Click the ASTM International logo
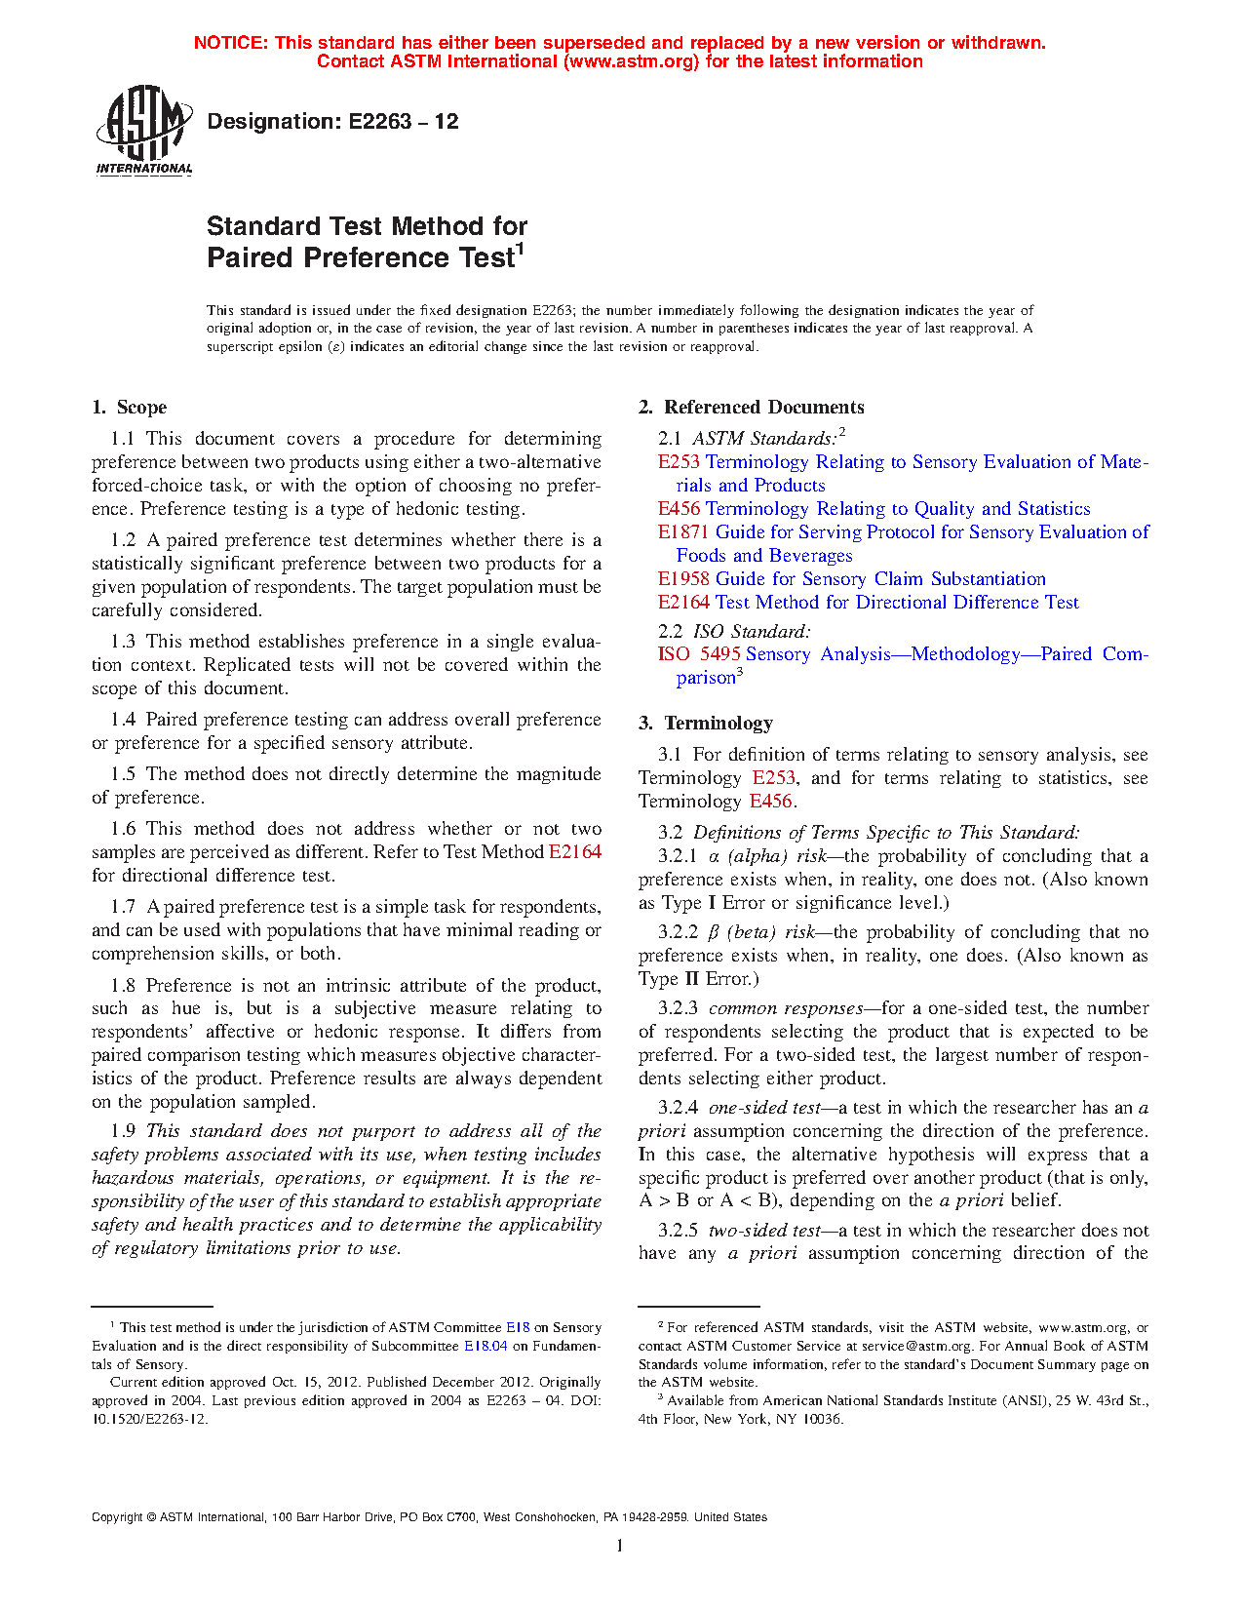click(144, 131)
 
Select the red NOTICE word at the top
click(230, 43)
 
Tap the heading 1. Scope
click(130, 408)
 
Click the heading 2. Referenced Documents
click(752, 408)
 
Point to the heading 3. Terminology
click(706, 724)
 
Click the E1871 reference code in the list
click(683, 532)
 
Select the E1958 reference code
click(683, 579)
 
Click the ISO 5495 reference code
click(699, 654)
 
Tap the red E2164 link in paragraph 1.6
click(575, 852)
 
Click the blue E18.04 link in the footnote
click(486, 1347)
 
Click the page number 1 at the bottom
click(620, 1545)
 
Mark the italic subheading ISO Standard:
click(752, 632)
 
